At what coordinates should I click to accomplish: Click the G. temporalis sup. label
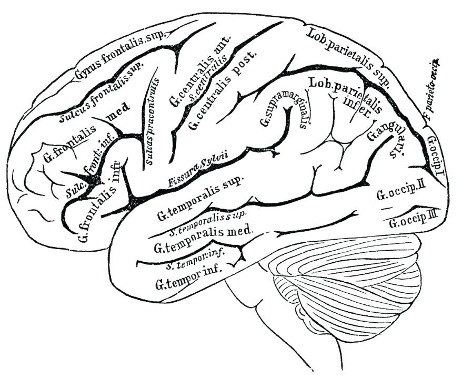tap(200, 199)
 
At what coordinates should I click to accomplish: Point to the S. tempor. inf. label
tap(195, 259)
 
